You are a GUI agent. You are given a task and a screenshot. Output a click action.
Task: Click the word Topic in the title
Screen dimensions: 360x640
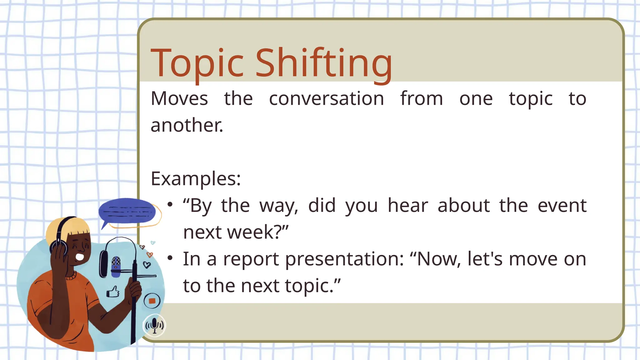tap(197, 63)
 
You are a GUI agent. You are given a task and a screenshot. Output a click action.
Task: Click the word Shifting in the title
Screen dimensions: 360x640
tap(324, 63)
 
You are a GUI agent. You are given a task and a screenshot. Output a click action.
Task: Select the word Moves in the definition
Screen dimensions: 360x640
tap(179, 99)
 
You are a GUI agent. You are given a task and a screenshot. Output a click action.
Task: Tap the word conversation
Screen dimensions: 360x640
tap(326, 99)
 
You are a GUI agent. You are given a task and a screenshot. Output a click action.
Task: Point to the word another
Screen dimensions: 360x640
tap(187, 125)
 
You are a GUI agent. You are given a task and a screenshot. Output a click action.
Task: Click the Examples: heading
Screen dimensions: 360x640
tap(196, 179)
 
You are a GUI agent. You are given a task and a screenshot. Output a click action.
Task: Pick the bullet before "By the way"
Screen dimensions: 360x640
tap(170, 205)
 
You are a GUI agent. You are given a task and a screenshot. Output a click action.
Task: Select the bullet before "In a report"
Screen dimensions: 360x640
tap(170, 258)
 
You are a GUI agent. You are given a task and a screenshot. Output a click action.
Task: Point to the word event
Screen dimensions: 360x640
tap(562, 206)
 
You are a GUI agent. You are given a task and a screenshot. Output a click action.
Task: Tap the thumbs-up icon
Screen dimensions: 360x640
tap(113, 292)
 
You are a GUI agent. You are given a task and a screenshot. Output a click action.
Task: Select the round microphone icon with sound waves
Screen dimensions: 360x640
tap(154, 325)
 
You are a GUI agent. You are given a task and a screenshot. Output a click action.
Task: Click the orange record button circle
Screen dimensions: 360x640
tap(152, 301)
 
